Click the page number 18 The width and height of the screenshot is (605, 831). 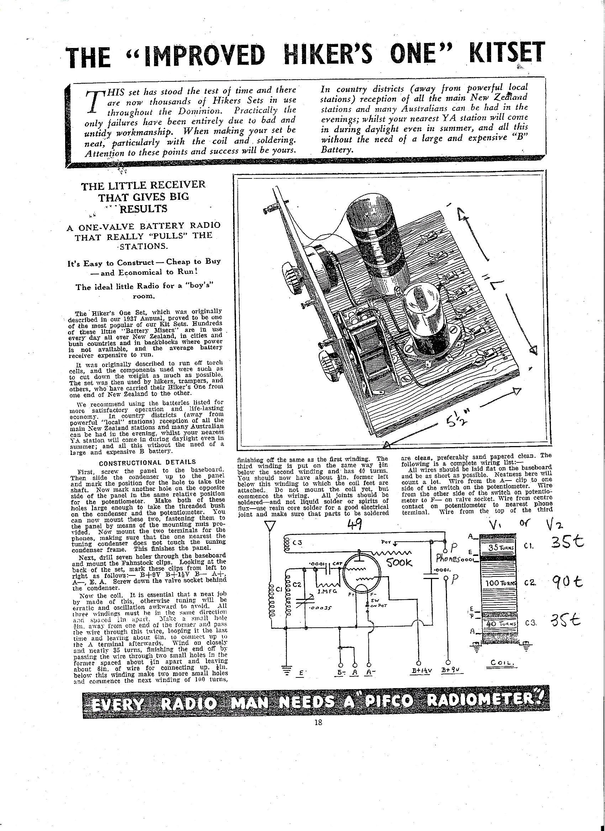click(x=318, y=722)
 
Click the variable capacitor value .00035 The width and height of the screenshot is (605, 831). click(x=318, y=608)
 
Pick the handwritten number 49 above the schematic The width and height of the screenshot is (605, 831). click(x=354, y=525)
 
